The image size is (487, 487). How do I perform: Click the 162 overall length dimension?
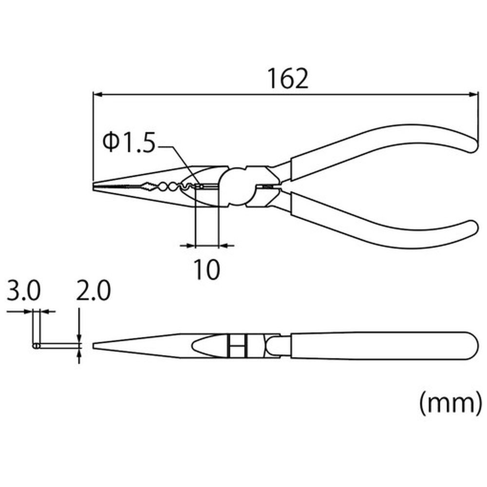288,78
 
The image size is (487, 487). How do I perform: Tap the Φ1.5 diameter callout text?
129,143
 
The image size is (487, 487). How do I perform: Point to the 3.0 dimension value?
23,290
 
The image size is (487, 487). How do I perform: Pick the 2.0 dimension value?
94,290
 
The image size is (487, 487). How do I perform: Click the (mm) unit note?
450,403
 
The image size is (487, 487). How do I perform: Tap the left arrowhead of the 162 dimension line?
97,94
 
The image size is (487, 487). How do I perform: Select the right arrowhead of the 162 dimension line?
473,94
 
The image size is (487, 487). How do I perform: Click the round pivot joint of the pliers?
235,187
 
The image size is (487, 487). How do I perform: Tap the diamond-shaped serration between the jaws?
149,187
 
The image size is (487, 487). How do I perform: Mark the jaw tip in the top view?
94,186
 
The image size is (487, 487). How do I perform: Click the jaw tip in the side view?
94,346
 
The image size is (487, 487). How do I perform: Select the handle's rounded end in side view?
472,346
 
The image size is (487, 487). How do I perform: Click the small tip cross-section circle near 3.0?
36,346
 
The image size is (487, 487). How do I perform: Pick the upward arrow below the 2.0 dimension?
79,356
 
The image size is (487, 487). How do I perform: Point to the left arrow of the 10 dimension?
187,245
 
